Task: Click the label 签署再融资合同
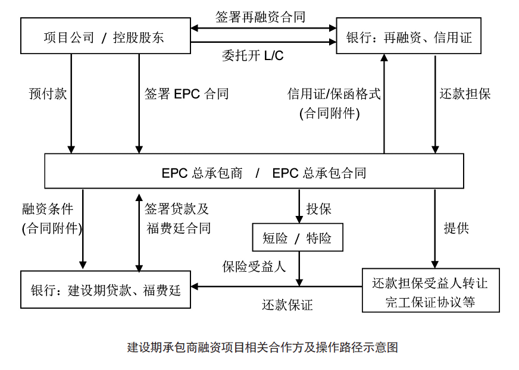260,17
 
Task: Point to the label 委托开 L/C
252,55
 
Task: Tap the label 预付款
48,93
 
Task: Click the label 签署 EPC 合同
186,93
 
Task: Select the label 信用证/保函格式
334,93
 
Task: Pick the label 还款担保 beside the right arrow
465,93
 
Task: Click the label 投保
319,209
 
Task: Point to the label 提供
457,228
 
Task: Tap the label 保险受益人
254,266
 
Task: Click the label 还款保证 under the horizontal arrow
287,305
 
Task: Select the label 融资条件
48,209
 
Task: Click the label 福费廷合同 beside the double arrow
179,228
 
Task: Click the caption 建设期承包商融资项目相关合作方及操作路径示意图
262,347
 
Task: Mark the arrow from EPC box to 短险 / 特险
299,206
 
